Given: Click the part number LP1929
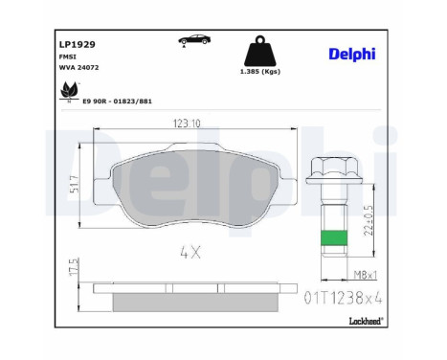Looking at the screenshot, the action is [x=78, y=44].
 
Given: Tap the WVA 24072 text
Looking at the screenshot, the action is [x=78, y=68].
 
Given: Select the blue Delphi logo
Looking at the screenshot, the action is [x=352, y=55].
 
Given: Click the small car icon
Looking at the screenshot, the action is [x=194, y=40].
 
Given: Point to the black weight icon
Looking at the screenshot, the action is [x=260, y=51].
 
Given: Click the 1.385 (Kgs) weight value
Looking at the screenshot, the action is [x=260, y=72].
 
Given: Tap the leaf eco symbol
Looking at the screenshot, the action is [x=70, y=90].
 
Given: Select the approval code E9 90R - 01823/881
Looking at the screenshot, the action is [x=117, y=101].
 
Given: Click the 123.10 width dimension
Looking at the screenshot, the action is [x=187, y=124].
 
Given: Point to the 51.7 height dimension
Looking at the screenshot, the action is [x=74, y=184].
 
